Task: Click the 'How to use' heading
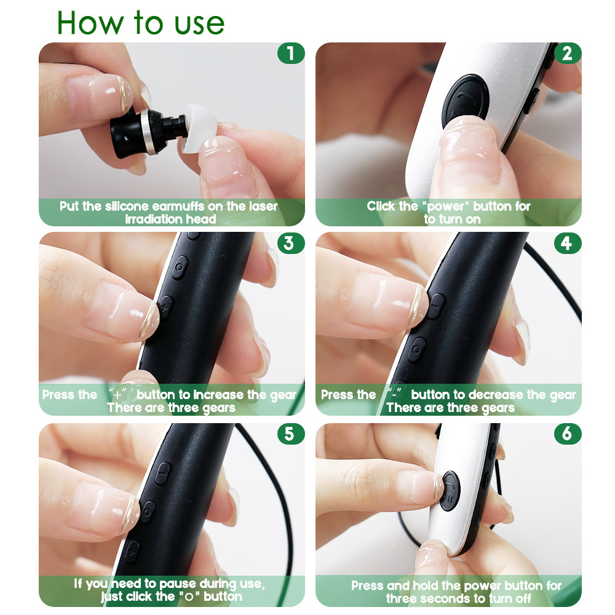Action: click(x=141, y=22)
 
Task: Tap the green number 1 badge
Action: click(x=290, y=54)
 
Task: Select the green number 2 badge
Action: click(x=566, y=54)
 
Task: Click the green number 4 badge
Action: click(x=566, y=244)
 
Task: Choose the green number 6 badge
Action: click(x=566, y=434)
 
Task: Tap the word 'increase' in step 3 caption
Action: click(x=219, y=395)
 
